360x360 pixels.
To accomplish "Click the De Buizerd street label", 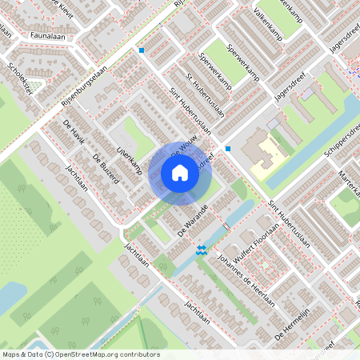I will coord(106,169).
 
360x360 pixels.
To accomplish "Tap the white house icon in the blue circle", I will coord(180,173).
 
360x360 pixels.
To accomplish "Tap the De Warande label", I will coord(193,218).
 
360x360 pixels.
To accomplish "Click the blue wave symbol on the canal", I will coord(202,249).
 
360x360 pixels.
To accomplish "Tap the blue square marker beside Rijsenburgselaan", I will coord(142,50).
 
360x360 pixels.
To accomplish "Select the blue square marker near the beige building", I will coord(228,148).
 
